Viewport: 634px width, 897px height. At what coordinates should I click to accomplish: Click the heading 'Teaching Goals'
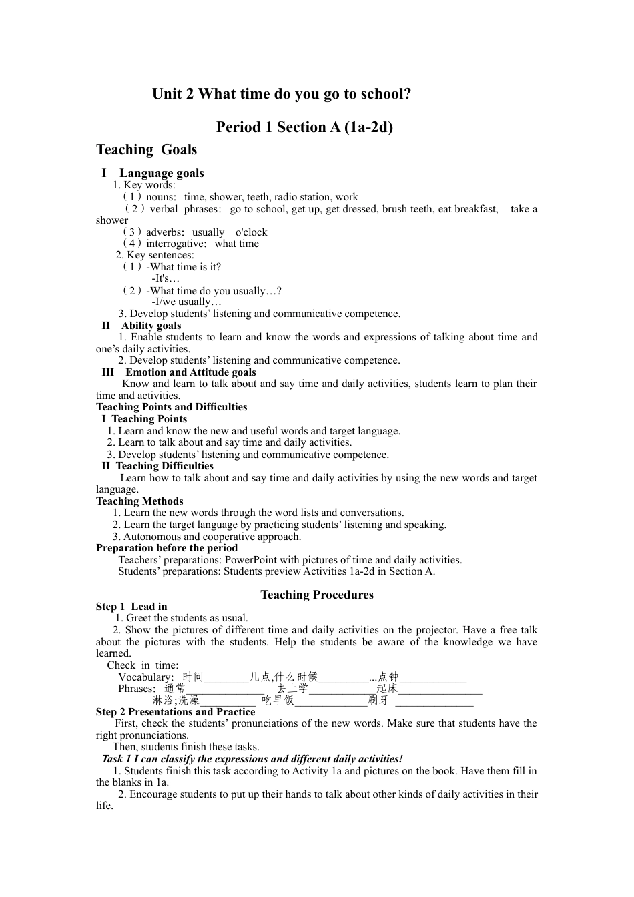[x=146, y=150]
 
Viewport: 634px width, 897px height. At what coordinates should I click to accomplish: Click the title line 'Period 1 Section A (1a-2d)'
[x=304, y=127]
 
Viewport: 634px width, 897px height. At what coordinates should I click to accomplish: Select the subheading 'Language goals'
[x=162, y=174]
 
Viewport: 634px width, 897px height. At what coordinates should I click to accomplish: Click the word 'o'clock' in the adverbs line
[x=251, y=232]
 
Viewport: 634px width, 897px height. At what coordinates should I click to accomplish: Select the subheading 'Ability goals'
[x=151, y=326]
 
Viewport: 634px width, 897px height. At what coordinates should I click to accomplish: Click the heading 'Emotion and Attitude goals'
[x=190, y=372]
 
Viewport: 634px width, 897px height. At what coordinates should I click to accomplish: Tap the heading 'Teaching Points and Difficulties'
[x=172, y=407]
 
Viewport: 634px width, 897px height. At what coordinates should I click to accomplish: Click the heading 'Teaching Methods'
[x=139, y=501]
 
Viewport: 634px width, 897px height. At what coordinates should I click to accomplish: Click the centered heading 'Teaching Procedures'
[x=317, y=595]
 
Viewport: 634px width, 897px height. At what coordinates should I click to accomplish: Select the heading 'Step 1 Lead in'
[x=131, y=607]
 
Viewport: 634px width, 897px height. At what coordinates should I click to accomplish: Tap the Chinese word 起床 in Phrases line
[x=387, y=689]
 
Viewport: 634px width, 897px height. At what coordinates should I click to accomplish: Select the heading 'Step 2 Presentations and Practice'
[x=176, y=712]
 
